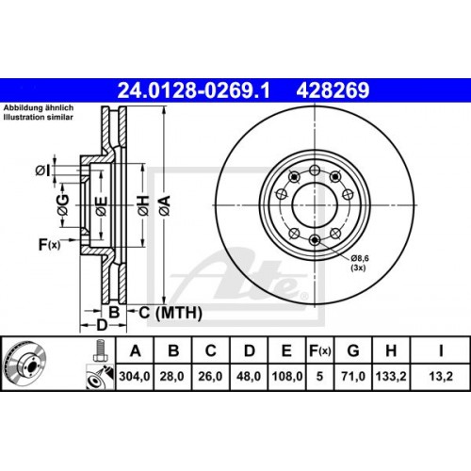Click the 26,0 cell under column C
pyautogui.click(x=212, y=380)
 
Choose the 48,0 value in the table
pyautogui.click(x=249, y=380)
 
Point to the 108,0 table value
pyautogui.click(x=285, y=380)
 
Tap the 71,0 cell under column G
pyautogui.click(x=352, y=380)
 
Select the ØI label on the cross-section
pyautogui.click(x=41, y=170)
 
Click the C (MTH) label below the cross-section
pyautogui.click(x=156, y=312)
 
